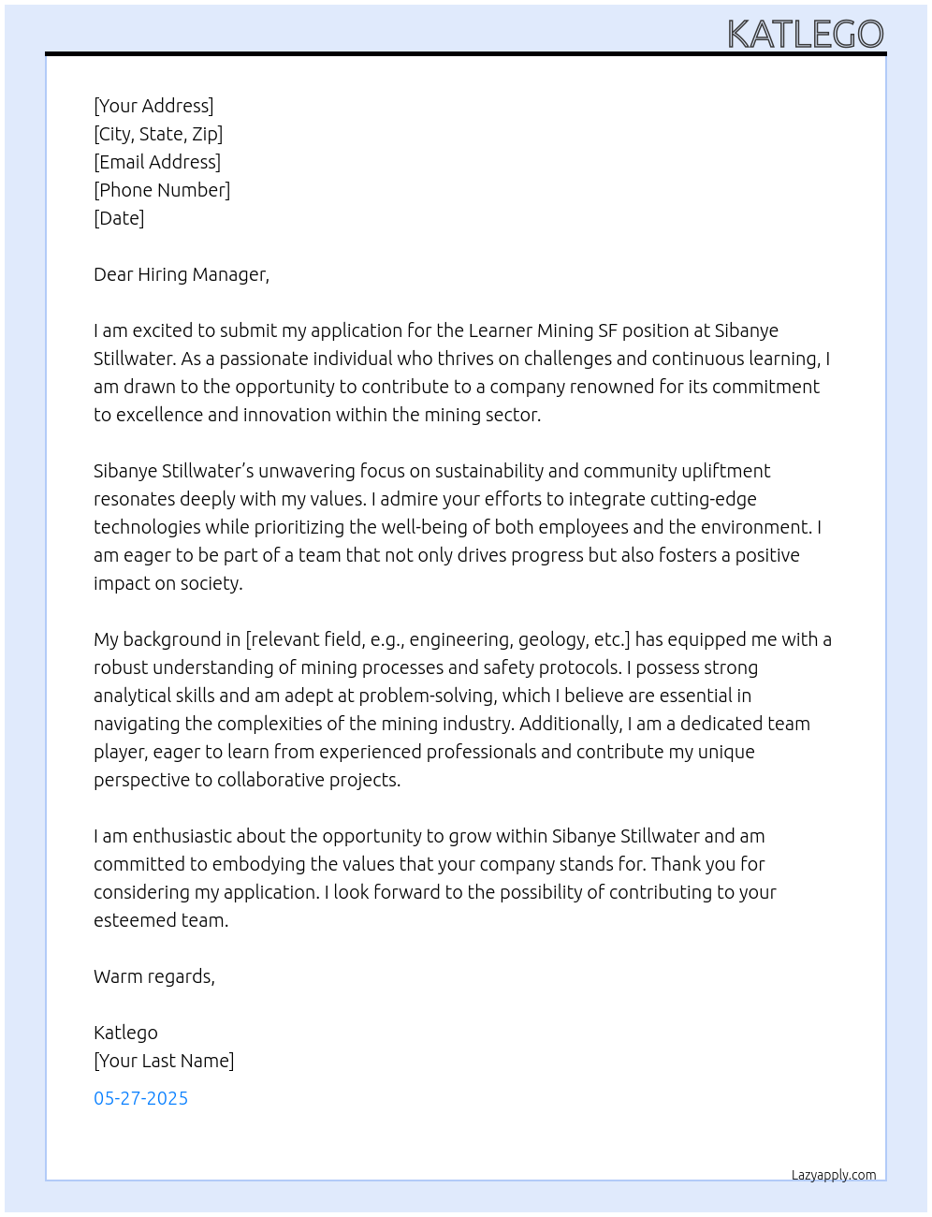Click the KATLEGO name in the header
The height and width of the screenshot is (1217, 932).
click(x=805, y=35)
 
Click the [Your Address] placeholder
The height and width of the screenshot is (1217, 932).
click(x=153, y=106)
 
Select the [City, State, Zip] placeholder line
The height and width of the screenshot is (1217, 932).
click(x=158, y=134)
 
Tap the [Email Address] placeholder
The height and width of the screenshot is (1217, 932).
click(x=157, y=162)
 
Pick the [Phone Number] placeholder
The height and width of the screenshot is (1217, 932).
click(x=162, y=190)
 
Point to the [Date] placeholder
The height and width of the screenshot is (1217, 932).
click(x=119, y=218)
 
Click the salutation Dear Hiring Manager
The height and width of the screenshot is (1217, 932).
click(x=182, y=274)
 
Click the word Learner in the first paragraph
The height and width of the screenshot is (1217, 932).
click(x=501, y=330)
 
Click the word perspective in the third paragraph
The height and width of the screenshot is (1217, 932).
click(x=141, y=780)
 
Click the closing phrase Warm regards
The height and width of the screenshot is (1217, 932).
click(x=154, y=976)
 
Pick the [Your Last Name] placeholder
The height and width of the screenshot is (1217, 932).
click(x=164, y=1061)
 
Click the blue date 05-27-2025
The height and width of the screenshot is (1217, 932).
click(x=140, y=1098)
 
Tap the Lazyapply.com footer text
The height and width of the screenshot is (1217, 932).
click(x=834, y=1175)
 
